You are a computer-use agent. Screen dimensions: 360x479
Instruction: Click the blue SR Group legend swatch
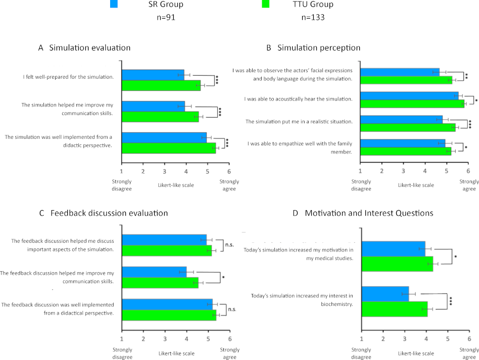pyautogui.click(x=114, y=4)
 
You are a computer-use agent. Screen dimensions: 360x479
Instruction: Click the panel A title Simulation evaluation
pyautogui.click(x=84, y=47)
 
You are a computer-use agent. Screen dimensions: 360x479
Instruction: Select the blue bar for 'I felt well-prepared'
pyautogui.click(x=153, y=75)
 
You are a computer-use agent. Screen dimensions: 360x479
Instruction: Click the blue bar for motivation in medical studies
pyautogui.click(x=394, y=249)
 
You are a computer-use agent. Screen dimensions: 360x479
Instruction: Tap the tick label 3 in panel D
pyautogui.click(x=404, y=339)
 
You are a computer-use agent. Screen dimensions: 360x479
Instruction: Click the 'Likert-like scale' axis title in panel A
pyautogui.click(x=176, y=185)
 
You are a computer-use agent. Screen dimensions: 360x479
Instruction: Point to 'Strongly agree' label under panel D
pyautogui.click(x=469, y=353)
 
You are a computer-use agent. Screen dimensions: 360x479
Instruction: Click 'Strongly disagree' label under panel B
pyautogui.click(x=361, y=185)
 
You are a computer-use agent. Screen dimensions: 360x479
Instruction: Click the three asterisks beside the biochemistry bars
pyautogui.click(x=451, y=301)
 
